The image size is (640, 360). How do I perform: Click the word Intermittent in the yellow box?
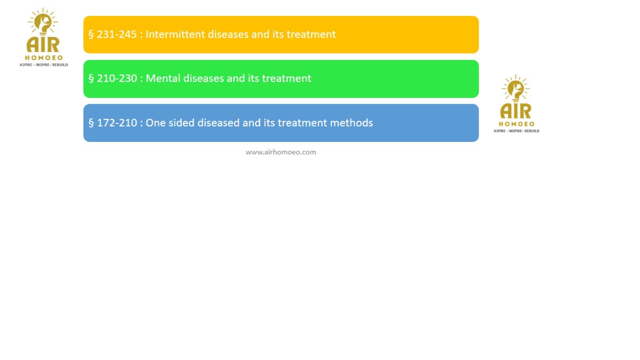click(x=175, y=34)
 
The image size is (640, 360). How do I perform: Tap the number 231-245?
click(x=116, y=34)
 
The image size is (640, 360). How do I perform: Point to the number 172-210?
click(x=117, y=123)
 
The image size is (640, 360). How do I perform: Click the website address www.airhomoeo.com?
click(x=281, y=152)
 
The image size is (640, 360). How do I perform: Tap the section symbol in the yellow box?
click(x=91, y=34)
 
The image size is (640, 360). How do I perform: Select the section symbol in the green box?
click(x=91, y=78)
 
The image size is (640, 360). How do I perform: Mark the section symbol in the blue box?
click(x=91, y=123)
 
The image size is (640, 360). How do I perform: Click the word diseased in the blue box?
click(x=218, y=123)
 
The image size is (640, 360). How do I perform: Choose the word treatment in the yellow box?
click(x=311, y=34)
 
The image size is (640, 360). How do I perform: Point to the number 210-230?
click(x=117, y=78)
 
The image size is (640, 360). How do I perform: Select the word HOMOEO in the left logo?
click(x=44, y=58)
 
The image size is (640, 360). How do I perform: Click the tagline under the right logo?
click(x=516, y=131)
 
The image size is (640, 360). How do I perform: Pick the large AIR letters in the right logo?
click(x=516, y=111)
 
